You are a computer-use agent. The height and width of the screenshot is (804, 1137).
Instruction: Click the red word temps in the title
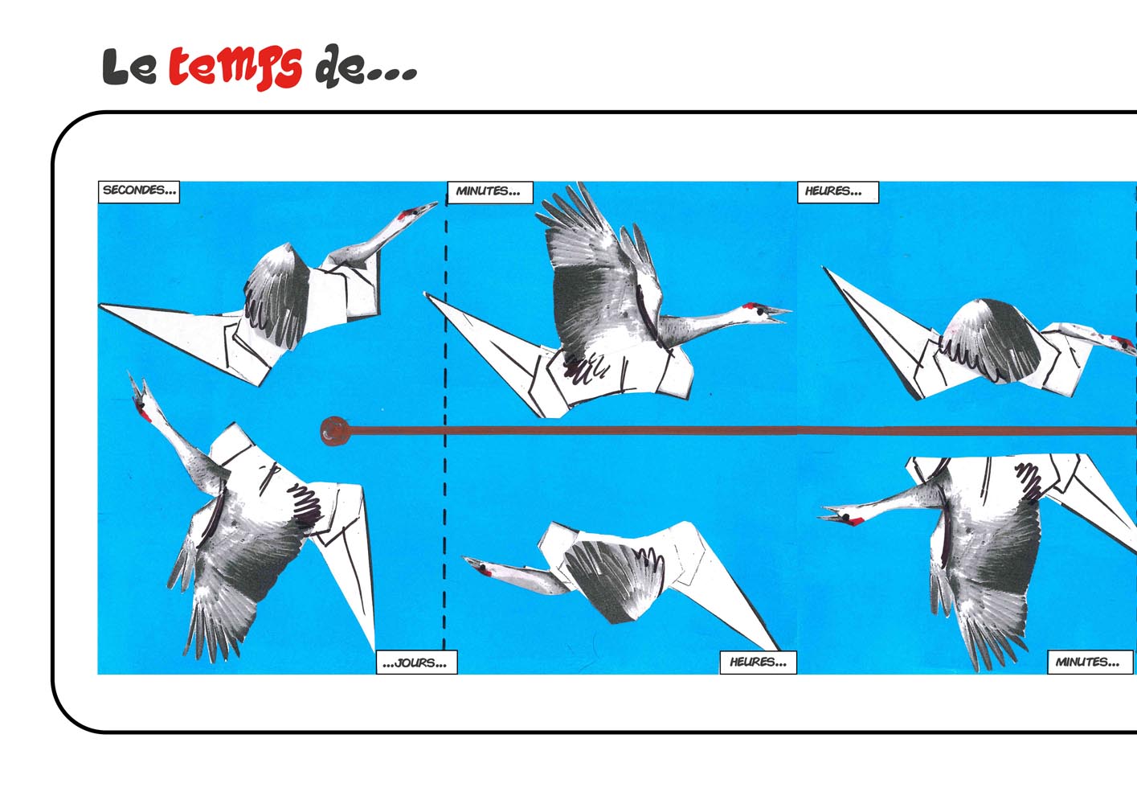(235, 68)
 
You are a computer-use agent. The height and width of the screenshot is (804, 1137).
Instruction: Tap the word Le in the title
(129, 67)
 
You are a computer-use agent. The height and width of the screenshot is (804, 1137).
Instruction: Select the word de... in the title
(366, 66)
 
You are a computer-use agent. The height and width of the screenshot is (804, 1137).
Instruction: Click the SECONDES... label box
(138, 192)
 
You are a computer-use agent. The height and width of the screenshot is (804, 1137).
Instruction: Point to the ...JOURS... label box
(416, 662)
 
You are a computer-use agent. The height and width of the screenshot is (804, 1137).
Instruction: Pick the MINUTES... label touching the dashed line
(489, 192)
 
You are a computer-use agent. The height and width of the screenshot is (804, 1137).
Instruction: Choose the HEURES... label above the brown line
(837, 192)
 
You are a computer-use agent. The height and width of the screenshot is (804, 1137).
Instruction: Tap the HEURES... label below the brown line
(759, 662)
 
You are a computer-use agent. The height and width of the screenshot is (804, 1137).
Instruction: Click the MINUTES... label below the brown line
(1090, 662)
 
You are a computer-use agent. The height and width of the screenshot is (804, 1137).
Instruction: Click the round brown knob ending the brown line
(335, 431)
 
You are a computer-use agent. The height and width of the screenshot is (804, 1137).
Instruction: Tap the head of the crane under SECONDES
(412, 213)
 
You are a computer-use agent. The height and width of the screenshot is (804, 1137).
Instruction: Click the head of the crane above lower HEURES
(482, 567)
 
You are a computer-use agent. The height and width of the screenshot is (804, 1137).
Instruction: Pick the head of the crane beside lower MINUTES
(843, 516)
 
